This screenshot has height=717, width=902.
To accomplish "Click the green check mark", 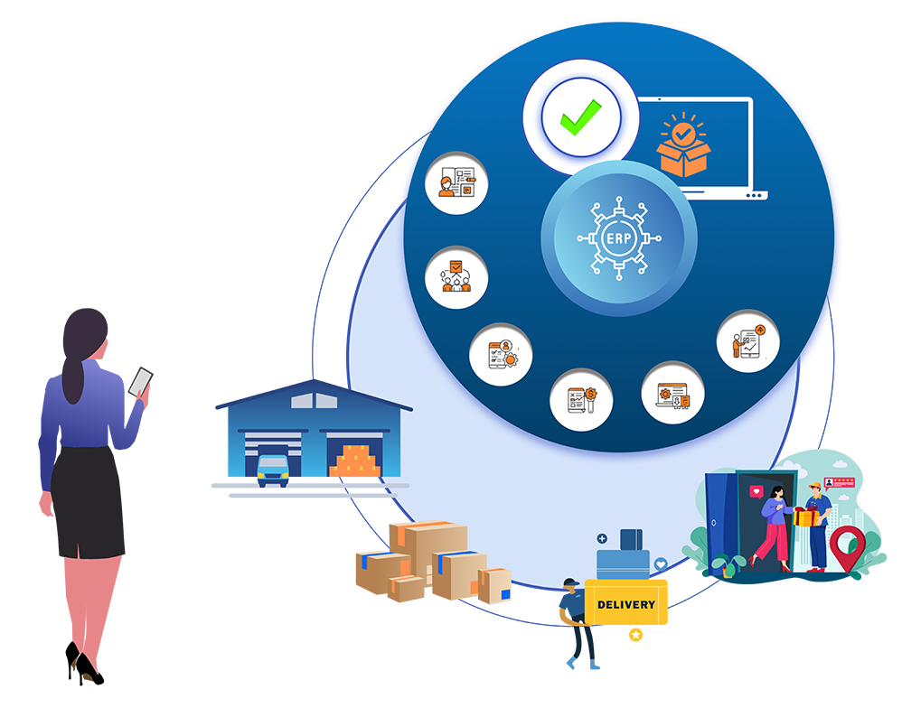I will (579, 117).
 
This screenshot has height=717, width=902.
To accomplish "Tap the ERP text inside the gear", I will (619, 238).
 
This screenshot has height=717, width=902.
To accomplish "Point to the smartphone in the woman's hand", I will (141, 382).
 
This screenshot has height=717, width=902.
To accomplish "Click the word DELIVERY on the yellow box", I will (626, 604).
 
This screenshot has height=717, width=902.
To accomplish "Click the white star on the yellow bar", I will (636, 635).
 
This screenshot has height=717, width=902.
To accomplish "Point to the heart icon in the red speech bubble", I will (756, 492).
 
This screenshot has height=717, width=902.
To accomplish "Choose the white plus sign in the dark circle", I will (602, 538).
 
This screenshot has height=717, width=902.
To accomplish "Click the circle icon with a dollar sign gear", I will (581, 399).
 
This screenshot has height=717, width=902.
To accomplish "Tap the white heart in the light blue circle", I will (661, 563).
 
